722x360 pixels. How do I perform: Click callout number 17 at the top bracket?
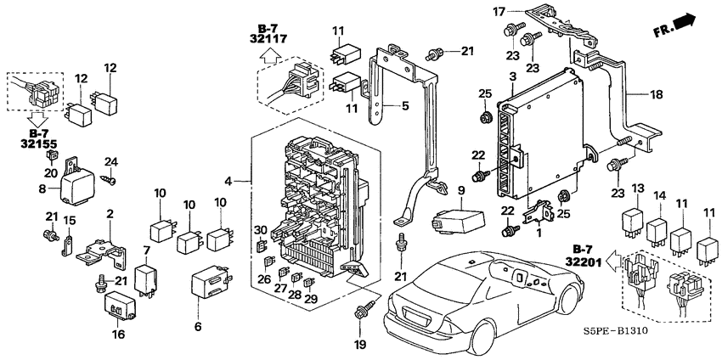(x=499, y=11)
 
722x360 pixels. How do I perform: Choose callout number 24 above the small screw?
(x=110, y=161)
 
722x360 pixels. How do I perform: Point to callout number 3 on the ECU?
(x=512, y=77)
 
